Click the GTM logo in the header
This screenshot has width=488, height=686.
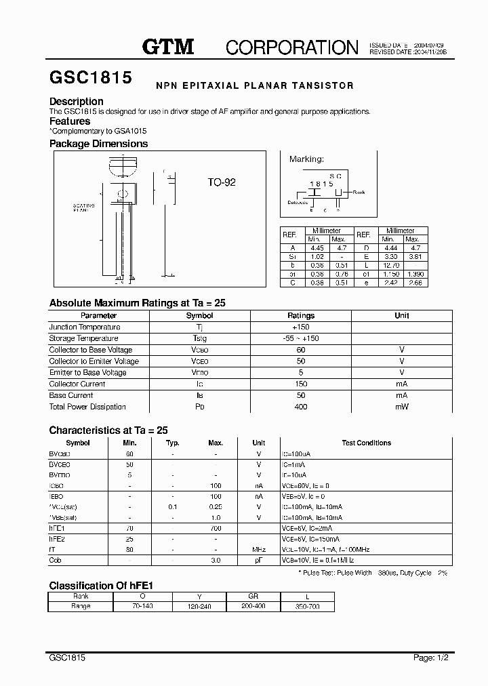168,46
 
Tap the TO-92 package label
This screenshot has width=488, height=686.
221,182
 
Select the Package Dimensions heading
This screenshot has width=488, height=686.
98,144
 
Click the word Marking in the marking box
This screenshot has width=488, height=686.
306,159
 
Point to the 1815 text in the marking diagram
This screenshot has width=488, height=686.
321,184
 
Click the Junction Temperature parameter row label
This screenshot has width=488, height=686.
84,327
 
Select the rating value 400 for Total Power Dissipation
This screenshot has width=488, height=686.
301,407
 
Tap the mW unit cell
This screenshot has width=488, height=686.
402,407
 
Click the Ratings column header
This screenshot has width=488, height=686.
301,315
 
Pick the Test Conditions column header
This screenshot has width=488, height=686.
366,443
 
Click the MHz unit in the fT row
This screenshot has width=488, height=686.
258,549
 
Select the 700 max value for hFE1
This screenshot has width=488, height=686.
216,527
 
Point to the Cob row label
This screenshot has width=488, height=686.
56,561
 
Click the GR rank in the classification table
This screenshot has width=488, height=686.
253,597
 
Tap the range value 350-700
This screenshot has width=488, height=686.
307,607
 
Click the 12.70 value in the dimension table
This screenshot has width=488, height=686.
388,264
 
